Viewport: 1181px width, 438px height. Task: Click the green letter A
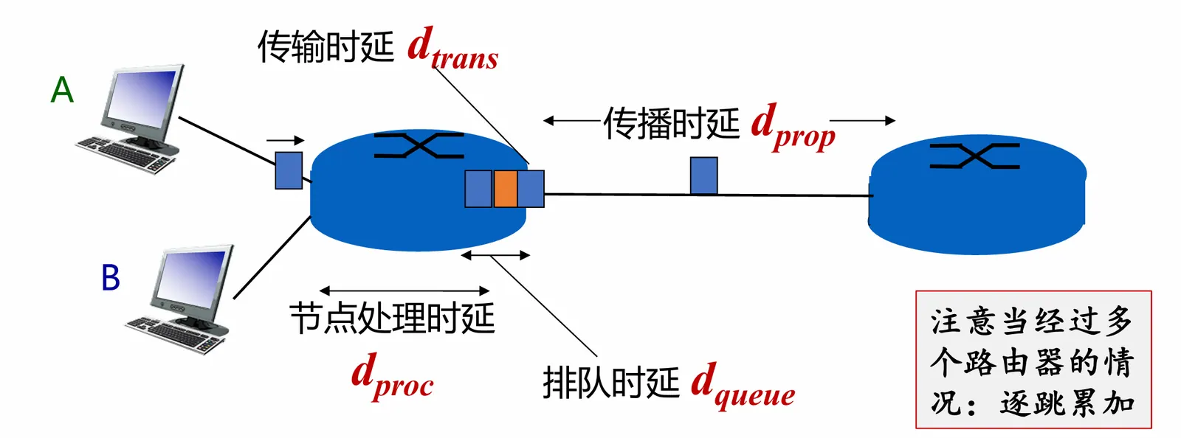tap(62, 91)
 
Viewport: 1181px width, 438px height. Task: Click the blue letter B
tap(110, 278)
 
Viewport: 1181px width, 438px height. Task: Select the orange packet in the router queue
tap(505, 188)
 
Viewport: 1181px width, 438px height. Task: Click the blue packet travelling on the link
tap(703, 175)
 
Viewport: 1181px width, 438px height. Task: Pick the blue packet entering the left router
tap(289, 170)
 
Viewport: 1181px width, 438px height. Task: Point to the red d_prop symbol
tap(793, 128)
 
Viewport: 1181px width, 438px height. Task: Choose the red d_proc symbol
tap(392, 376)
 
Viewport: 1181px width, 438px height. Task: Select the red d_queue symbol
tap(743, 386)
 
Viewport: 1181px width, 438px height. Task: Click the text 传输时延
tap(326, 47)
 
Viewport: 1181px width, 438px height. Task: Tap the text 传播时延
tap(671, 123)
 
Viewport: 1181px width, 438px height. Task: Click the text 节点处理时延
tap(392, 319)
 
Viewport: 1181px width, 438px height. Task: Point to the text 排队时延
tap(610, 383)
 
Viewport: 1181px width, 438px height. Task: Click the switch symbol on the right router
tap(974, 156)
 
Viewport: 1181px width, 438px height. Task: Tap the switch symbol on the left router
tap(419, 145)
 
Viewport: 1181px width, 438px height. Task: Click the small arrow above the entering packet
tap(286, 140)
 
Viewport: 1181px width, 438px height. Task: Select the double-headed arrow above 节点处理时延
tap(404, 291)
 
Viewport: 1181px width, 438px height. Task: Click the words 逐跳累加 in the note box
tap(1067, 403)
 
